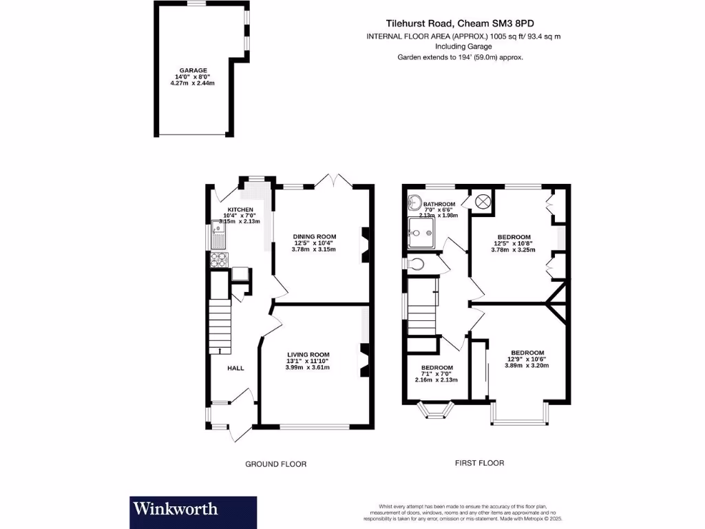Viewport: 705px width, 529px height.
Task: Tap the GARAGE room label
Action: (193, 70)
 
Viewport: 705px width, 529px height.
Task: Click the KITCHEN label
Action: (241, 209)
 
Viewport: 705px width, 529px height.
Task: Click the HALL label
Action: (236, 369)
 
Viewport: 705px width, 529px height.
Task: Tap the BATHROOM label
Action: (439, 205)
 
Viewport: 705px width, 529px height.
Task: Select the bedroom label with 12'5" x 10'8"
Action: (514, 237)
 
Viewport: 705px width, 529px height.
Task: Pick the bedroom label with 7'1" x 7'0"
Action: (436, 367)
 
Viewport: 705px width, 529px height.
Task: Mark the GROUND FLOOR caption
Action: (276, 464)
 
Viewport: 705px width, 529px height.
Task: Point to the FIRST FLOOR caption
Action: (479, 463)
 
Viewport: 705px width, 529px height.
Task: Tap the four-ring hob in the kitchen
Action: (219, 260)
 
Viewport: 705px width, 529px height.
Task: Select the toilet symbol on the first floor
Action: (417, 264)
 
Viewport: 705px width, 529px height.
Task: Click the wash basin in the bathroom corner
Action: (415, 203)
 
